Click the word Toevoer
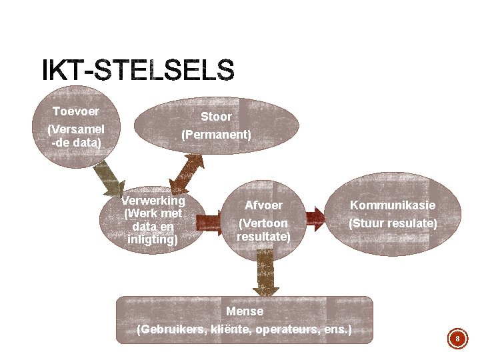click(x=76, y=111)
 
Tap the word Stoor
click(x=217, y=117)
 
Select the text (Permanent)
click(x=217, y=135)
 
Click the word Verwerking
click(x=153, y=201)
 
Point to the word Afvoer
click(x=263, y=205)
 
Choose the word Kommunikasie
click(x=393, y=205)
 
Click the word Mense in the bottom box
click(x=245, y=311)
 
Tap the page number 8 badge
click(x=457, y=339)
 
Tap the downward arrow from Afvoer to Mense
click(x=265, y=272)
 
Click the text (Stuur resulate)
click(x=393, y=223)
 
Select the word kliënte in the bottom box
click(x=233, y=329)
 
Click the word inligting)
click(x=153, y=238)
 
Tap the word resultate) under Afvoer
click(x=263, y=236)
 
